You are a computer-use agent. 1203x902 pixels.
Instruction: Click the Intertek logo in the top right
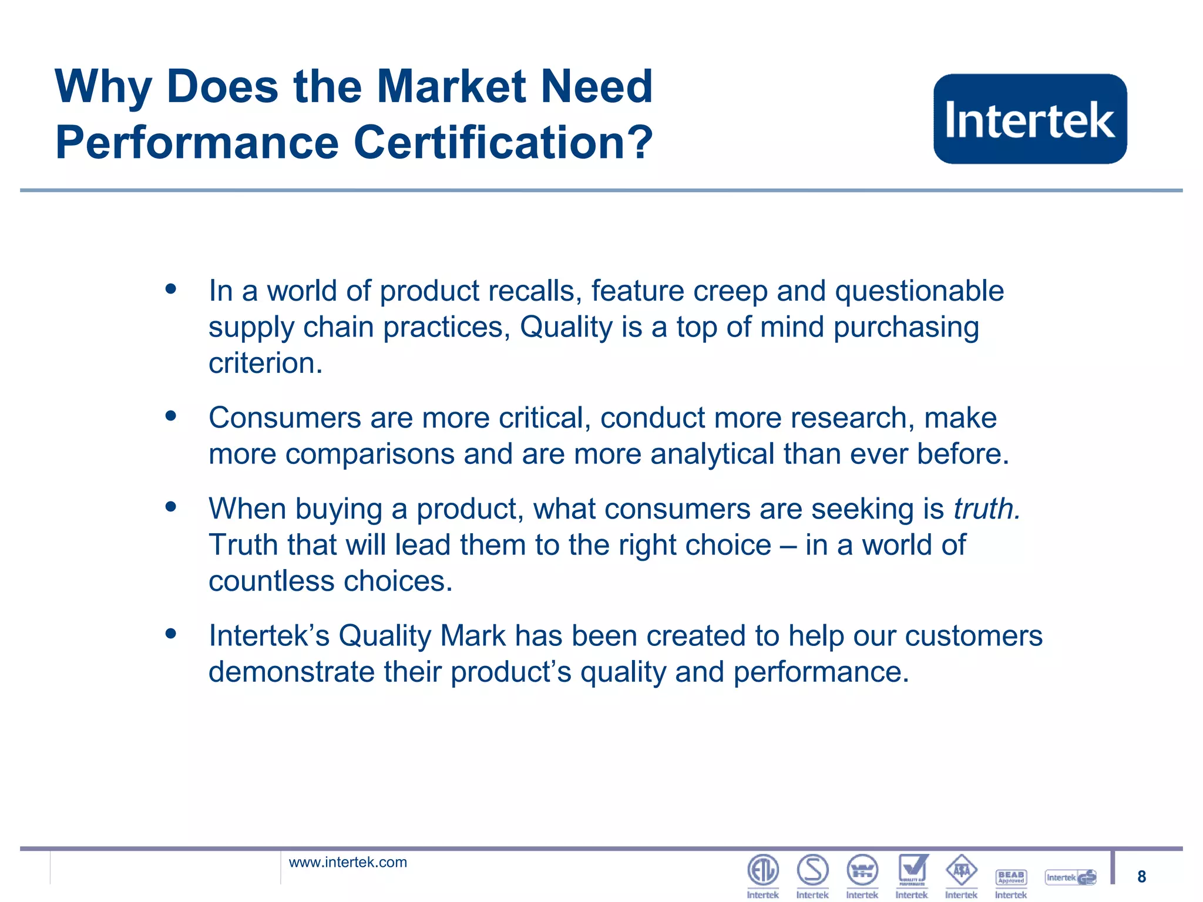pyautogui.click(x=1030, y=119)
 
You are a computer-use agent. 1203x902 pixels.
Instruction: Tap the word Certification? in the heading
pyautogui.click(x=503, y=143)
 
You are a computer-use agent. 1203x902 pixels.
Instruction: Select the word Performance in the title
pyautogui.click(x=197, y=143)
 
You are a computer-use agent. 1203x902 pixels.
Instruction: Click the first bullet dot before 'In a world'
pyautogui.click(x=171, y=289)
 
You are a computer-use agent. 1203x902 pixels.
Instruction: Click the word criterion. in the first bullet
pyautogui.click(x=266, y=363)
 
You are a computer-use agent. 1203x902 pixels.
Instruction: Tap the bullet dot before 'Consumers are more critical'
pyautogui.click(x=171, y=416)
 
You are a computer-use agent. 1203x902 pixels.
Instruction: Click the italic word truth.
pyautogui.click(x=986, y=509)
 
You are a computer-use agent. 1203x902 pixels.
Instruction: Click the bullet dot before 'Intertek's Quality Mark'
pyautogui.click(x=171, y=634)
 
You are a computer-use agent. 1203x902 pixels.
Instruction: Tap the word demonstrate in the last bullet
pyautogui.click(x=291, y=672)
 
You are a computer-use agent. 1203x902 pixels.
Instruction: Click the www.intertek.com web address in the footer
pyautogui.click(x=348, y=862)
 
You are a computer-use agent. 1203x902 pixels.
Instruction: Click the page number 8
pyautogui.click(x=1141, y=877)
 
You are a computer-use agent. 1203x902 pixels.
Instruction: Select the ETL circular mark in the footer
pyautogui.click(x=762, y=870)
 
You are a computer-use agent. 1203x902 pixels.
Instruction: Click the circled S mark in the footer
pyautogui.click(x=812, y=870)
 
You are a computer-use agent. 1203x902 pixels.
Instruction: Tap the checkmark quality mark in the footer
pyautogui.click(x=912, y=870)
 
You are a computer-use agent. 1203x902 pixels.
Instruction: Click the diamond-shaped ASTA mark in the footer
pyautogui.click(x=961, y=870)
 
